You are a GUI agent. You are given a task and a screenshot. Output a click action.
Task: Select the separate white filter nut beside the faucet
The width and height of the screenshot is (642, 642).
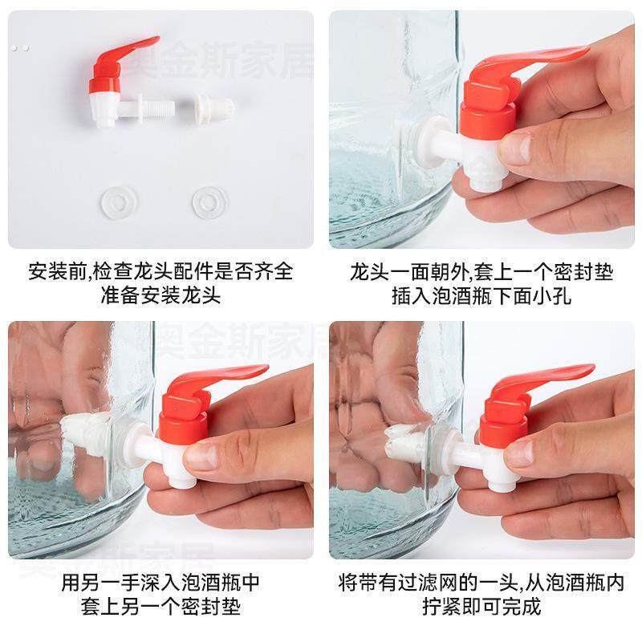(x=214, y=107)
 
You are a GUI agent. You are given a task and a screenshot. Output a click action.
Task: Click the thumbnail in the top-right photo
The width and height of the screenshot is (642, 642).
(x=516, y=148)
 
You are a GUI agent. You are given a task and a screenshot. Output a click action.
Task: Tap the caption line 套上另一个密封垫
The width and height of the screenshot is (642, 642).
(x=160, y=605)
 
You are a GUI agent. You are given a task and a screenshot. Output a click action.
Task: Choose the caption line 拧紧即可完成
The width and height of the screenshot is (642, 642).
(x=481, y=605)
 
